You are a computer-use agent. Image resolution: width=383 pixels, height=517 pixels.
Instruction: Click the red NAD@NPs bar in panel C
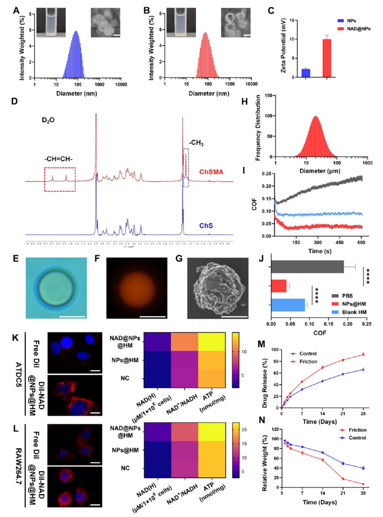tap(327, 58)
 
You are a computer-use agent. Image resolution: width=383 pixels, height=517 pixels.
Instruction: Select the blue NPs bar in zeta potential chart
tap(306, 73)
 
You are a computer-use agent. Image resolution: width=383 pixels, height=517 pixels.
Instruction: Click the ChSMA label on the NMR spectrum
tap(211, 172)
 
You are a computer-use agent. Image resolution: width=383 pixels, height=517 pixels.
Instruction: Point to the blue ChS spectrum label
tap(206, 226)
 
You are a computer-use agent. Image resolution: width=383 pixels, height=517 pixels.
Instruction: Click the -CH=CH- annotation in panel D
tap(59, 159)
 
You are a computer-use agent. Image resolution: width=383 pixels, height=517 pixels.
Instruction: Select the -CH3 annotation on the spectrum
tap(196, 143)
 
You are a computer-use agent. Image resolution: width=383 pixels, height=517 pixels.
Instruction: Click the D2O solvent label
tap(48, 120)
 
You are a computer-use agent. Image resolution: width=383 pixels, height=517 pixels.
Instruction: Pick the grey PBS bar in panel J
tap(307, 267)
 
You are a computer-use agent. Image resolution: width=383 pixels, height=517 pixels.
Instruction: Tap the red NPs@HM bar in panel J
tap(279, 286)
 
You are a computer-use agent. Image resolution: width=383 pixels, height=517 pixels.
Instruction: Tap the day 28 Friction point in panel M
tap(363, 354)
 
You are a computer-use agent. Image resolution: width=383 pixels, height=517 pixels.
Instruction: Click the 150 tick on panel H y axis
tap(269, 95)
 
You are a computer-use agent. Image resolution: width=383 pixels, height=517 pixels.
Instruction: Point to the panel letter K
tap(15, 338)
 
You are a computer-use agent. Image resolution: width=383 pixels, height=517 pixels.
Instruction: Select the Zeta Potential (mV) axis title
tap(283, 45)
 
